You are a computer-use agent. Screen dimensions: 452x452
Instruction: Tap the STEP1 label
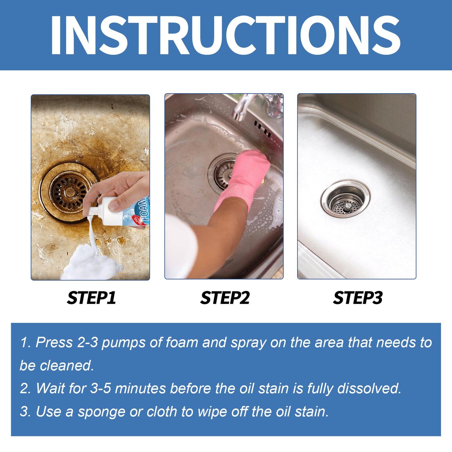click(91, 298)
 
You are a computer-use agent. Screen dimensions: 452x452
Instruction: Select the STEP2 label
click(225, 298)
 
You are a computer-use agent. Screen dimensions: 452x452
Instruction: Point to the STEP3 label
click(358, 298)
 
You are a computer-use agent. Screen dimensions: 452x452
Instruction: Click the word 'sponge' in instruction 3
click(101, 412)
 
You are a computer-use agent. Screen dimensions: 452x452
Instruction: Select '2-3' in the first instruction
click(88, 343)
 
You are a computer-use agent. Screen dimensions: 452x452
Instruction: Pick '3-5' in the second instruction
click(100, 389)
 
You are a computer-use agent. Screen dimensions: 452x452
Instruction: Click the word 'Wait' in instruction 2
click(50, 389)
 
